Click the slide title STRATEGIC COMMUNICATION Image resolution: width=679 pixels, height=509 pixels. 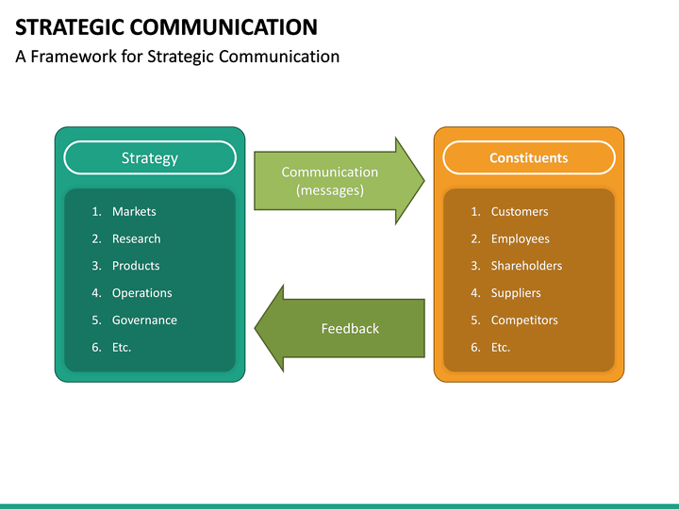click(x=166, y=26)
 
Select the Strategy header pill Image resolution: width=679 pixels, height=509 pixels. click(x=150, y=157)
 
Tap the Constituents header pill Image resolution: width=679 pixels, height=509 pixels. click(x=528, y=157)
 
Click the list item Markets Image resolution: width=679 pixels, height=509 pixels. click(x=134, y=211)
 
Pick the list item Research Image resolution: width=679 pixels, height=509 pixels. click(x=136, y=238)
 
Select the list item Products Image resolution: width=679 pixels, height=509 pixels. click(x=136, y=266)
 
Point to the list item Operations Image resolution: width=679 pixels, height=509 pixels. click(x=141, y=293)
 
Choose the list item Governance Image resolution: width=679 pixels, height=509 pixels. click(x=144, y=320)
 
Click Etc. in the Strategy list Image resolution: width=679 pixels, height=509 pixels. click(x=122, y=347)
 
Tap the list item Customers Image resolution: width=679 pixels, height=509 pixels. click(x=519, y=211)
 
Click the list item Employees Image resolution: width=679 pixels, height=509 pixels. click(x=520, y=238)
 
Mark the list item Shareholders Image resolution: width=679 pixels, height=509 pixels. click(x=526, y=266)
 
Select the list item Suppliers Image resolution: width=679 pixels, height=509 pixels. click(x=516, y=293)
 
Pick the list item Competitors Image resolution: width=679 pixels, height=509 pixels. click(x=524, y=320)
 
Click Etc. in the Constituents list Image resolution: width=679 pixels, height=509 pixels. click(x=501, y=347)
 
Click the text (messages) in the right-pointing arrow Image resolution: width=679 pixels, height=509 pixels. click(x=329, y=190)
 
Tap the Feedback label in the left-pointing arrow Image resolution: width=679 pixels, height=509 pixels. click(x=350, y=328)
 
